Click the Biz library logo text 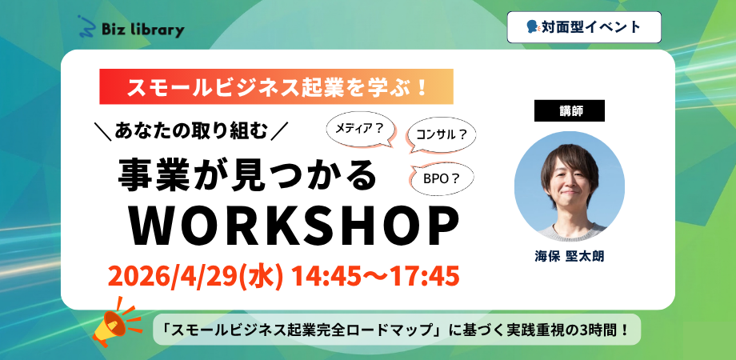[143, 30]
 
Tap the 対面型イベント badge [584, 27]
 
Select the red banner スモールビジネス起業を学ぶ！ [276, 87]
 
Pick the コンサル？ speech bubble [442, 135]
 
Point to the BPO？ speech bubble [441, 179]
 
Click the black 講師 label [570, 110]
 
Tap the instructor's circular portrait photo [570, 186]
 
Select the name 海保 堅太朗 [570, 256]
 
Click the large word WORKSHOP [294, 229]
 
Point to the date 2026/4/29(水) [195, 277]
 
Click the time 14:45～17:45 [375, 277]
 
